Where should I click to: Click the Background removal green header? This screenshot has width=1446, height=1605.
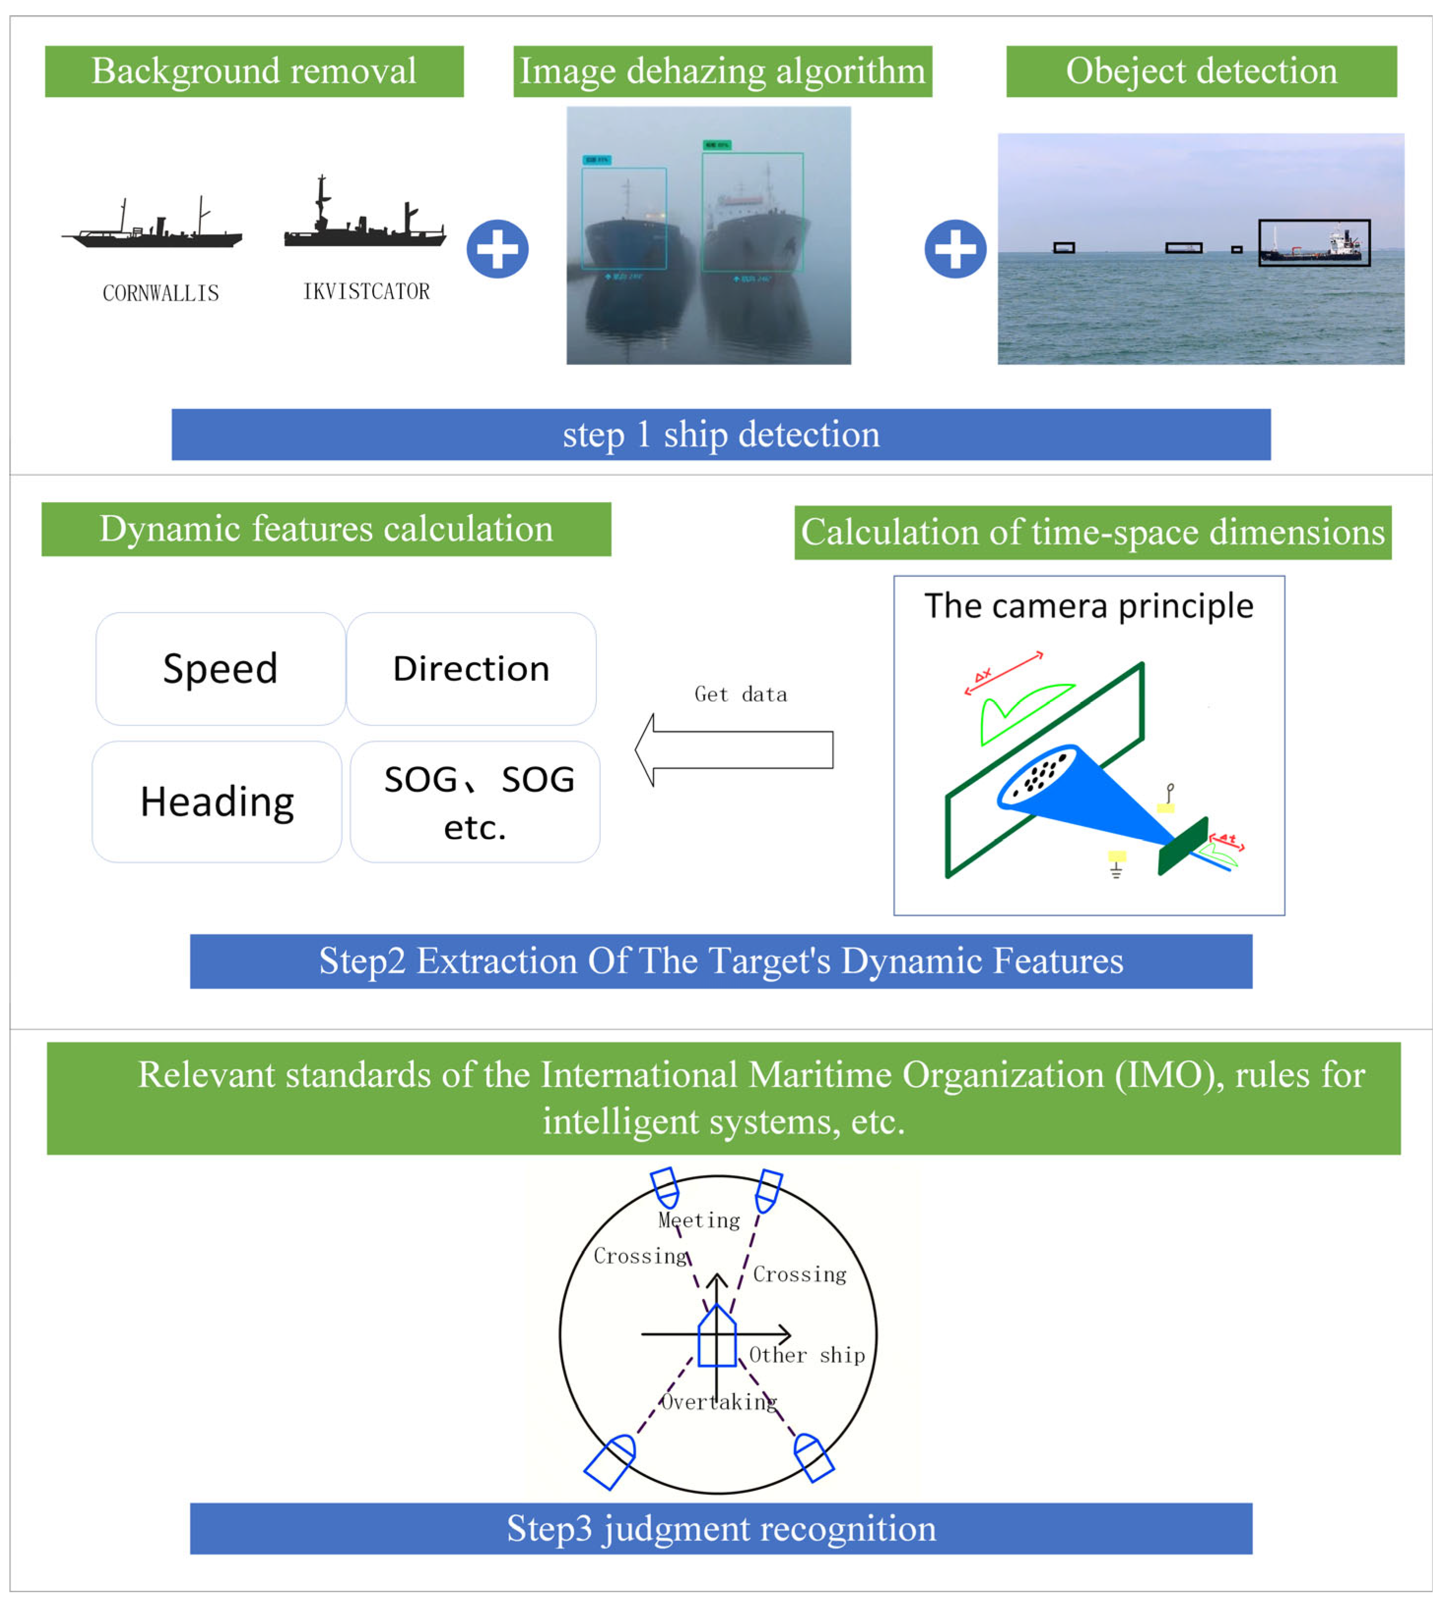coord(254,71)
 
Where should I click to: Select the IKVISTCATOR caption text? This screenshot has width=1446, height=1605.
coord(366,291)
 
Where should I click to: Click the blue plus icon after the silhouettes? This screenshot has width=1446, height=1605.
coord(497,249)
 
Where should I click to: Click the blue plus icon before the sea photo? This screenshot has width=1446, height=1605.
coord(955,249)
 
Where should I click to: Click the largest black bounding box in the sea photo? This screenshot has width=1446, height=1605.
coord(1314,242)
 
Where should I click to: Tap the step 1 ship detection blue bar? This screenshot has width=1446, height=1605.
coord(721,434)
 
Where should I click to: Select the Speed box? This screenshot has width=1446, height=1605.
coord(220,668)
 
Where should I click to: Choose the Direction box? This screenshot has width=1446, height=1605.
coord(471,668)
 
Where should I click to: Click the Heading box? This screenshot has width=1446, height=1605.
coord(217,801)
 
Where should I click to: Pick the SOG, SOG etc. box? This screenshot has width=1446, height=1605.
coord(475,801)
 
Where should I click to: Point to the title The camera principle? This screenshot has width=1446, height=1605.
coord(1089,606)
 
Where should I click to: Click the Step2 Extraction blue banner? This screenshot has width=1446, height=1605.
coord(721,961)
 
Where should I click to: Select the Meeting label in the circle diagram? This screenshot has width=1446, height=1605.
coord(699,1220)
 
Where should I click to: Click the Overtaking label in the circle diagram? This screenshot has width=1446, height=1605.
coord(719,1402)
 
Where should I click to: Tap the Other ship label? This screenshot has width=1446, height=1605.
coord(806,1355)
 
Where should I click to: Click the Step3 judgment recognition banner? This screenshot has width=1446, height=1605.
coord(721,1528)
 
